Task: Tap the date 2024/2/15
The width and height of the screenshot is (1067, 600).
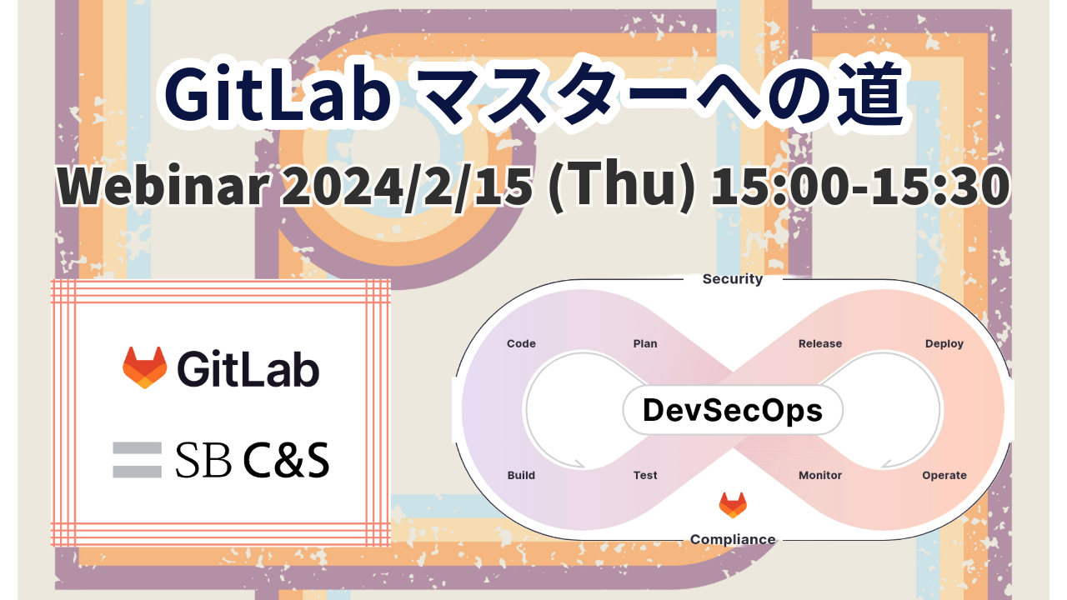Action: [x=407, y=186]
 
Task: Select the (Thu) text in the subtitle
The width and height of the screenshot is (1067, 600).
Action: [x=622, y=186]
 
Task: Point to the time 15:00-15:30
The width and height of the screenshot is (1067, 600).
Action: [x=859, y=186]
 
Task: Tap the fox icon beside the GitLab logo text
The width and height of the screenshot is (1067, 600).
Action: [x=145, y=367]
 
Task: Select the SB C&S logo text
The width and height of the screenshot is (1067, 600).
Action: [x=253, y=460]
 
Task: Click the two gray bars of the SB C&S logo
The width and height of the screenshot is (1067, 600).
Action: [x=138, y=460]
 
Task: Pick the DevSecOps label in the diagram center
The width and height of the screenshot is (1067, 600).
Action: [x=733, y=411]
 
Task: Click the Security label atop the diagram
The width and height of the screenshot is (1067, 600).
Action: [x=733, y=278]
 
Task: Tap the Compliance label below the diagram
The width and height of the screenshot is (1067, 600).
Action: [x=733, y=539]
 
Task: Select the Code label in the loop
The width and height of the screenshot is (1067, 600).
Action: [x=521, y=343]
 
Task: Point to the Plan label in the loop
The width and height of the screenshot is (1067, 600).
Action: [x=645, y=343]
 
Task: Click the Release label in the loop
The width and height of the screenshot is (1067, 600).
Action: [x=820, y=343]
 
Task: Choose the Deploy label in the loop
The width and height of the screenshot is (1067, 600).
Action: [x=944, y=344]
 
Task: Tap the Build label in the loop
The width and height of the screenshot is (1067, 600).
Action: [x=521, y=475]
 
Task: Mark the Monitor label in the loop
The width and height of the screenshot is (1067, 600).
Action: [x=820, y=475]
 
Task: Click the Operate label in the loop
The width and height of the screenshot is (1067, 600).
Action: [x=944, y=475]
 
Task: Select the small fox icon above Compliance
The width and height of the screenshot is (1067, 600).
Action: [x=733, y=505]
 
